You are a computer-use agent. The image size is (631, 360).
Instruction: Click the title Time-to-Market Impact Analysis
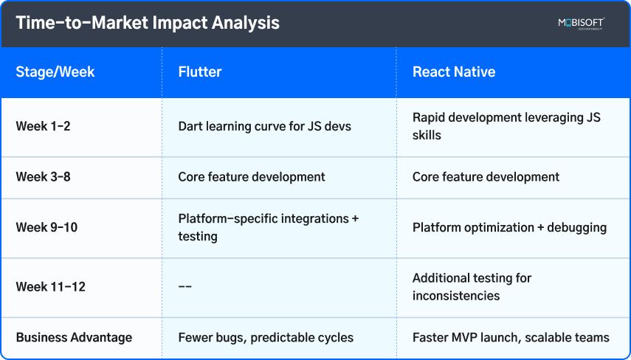pos(148,23)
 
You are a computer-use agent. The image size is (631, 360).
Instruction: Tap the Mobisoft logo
pos(582,24)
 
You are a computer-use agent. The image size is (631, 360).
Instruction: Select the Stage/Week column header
pos(55,72)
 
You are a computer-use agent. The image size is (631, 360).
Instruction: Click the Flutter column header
pos(200,72)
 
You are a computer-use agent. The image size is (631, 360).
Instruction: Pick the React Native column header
pos(454,72)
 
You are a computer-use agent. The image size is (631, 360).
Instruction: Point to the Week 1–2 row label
pos(43,126)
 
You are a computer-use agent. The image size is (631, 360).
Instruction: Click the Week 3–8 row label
pos(43,177)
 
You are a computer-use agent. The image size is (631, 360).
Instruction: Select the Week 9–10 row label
pos(46,227)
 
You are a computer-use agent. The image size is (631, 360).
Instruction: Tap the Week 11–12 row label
pos(50,287)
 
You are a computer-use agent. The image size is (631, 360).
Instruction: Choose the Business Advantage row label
pos(74,338)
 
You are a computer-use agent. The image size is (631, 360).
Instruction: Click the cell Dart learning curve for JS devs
pos(265,126)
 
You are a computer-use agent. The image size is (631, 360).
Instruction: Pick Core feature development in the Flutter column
pos(252,177)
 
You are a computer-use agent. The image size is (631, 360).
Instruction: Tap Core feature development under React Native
pos(486,177)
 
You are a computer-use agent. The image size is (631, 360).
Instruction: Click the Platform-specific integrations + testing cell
pos(269,227)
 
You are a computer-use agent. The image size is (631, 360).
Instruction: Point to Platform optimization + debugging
pos(509,227)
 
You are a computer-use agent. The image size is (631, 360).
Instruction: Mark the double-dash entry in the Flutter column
pos(185,287)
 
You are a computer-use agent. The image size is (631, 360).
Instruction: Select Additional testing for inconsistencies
pos(472,287)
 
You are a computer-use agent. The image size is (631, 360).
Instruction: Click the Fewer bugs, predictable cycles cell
pos(266,338)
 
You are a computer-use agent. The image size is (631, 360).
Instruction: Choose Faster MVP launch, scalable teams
pos(511,338)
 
